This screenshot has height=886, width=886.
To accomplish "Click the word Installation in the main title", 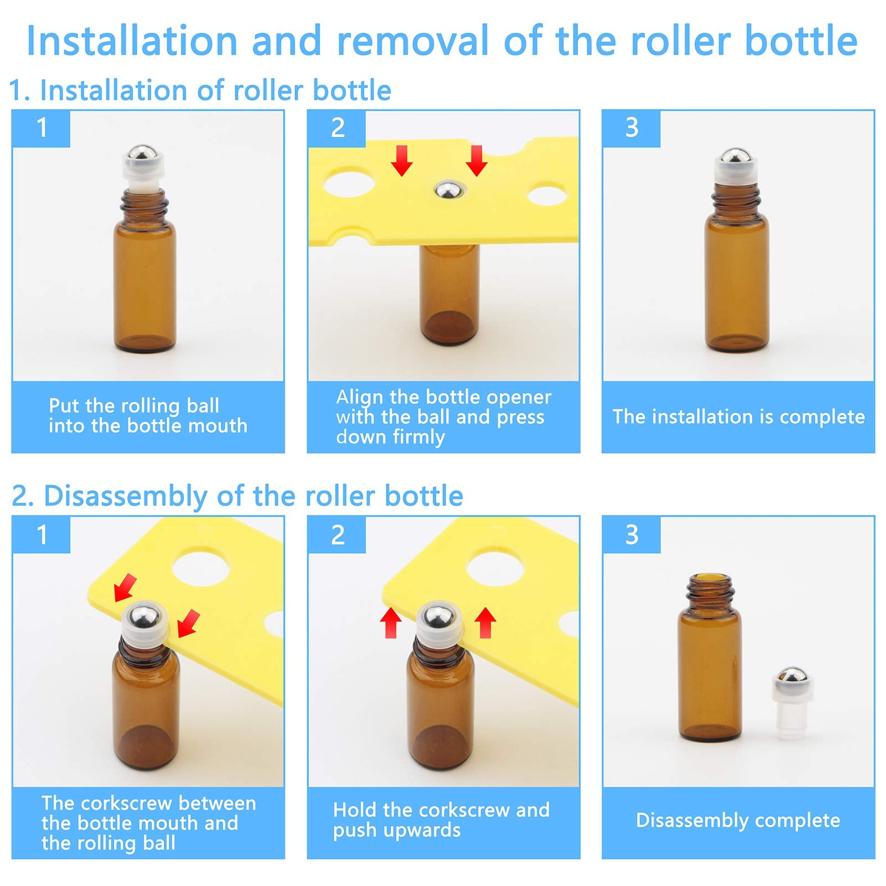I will (132, 42).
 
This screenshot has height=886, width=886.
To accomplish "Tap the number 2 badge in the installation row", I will (337, 128).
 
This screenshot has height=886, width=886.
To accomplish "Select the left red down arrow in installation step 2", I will (401, 161).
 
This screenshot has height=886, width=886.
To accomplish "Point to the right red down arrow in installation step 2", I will (476, 161).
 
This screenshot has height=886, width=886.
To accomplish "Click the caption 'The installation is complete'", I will (738, 417).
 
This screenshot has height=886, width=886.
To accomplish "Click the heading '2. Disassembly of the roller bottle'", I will (237, 496).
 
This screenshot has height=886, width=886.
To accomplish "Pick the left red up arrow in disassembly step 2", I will (391, 622).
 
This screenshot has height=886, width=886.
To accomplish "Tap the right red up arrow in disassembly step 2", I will (485, 622).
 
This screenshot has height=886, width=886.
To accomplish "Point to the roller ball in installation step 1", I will (138, 154).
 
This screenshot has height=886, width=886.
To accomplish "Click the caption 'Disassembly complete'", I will (738, 820).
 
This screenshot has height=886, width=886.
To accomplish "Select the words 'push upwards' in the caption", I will (396, 831).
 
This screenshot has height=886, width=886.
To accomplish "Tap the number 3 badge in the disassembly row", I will (632, 535).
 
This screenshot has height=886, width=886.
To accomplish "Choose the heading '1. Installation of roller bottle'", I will (200, 90).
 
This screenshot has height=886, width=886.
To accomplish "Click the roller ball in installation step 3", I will (736, 157).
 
